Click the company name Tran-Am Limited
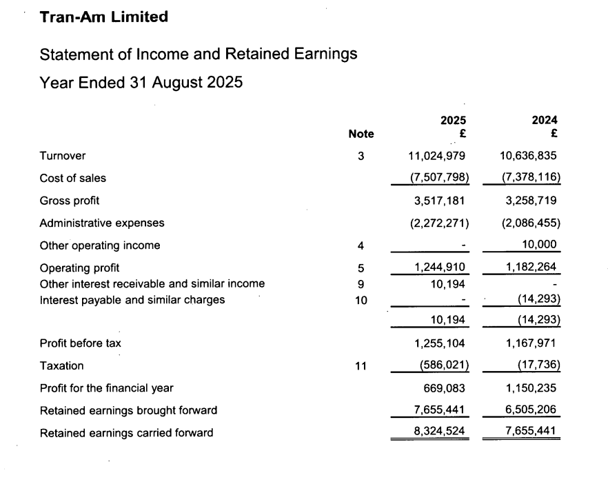tap(104, 17)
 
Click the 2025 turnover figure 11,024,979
tap(437, 156)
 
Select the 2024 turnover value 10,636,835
tap(528, 156)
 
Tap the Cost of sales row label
tap(73, 178)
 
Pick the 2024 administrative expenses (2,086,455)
tap(528, 223)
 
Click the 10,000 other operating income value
tap(540, 245)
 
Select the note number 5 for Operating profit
tap(361, 268)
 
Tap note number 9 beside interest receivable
tap(361, 283)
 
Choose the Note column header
tap(361, 134)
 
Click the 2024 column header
tap(545, 120)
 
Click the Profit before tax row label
tap(81, 343)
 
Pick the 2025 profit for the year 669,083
tap(447, 388)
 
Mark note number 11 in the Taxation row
tap(361, 365)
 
